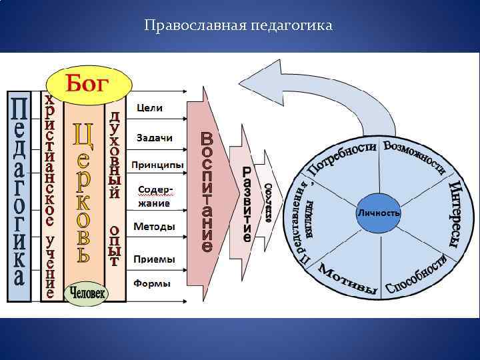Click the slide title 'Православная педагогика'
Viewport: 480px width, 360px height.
coord(238,26)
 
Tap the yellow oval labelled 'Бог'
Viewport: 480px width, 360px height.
coord(97,84)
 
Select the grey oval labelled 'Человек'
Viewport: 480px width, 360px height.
coord(86,292)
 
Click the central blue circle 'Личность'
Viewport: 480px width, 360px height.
coord(379,213)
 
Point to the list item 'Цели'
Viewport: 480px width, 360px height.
coord(149,107)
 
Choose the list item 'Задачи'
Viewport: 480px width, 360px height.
coord(154,137)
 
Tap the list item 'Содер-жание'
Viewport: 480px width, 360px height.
coord(154,197)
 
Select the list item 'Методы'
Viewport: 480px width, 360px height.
coord(154,227)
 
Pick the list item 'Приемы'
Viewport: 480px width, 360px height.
coord(154,258)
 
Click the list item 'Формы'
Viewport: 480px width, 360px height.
coord(151,283)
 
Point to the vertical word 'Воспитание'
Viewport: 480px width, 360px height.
coord(207,192)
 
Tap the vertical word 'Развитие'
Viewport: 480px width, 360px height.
coord(247,203)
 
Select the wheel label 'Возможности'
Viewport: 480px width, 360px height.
coord(414,157)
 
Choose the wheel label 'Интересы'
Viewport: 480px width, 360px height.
coord(455,213)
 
